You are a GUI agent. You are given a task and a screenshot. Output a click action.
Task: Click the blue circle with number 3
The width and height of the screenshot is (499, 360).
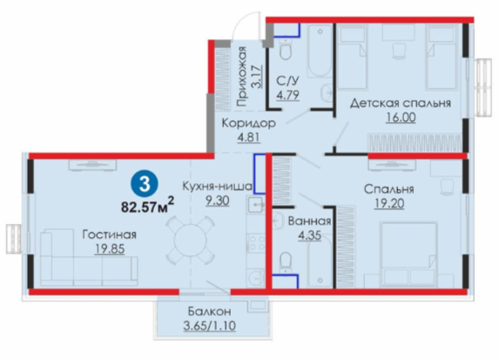(x=145, y=184)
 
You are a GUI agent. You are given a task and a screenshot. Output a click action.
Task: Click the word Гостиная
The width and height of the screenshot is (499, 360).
(x=110, y=234)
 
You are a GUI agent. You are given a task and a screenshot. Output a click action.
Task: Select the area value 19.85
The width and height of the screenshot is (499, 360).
(x=110, y=248)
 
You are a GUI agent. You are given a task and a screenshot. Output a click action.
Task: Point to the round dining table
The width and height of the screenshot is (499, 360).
(x=189, y=241)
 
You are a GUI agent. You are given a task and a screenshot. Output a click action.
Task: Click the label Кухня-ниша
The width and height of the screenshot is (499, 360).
(x=218, y=187)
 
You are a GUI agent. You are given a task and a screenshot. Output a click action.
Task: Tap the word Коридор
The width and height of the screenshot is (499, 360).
(x=248, y=123)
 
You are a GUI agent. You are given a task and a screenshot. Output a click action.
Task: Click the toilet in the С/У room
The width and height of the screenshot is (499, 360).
(x=287, y=50)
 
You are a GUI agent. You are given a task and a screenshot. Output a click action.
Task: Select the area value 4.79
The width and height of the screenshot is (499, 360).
(x=287, y=95)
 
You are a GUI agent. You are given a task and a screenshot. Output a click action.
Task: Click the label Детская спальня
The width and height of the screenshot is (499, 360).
(x=401, y=103)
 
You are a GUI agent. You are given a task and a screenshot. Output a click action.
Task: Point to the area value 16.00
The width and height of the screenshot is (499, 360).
(x=401, y=118)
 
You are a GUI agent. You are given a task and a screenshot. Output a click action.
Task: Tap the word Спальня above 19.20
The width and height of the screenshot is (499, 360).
(x=389, y=189)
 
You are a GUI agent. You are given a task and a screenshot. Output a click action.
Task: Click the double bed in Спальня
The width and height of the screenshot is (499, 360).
(x=408, y=254)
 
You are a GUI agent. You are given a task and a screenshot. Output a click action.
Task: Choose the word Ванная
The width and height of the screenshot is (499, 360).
(x=309, y=221)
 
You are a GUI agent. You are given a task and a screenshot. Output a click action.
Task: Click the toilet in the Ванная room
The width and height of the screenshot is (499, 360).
(x=286, y=263)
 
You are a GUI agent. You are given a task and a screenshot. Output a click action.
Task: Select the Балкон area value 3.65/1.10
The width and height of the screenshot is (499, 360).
(x=209, y=326)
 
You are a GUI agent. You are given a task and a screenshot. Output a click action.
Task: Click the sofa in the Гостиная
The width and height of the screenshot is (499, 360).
(x=89, y=257)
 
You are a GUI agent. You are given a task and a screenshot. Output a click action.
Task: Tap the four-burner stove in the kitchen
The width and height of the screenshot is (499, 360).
(x=256, y=243)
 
